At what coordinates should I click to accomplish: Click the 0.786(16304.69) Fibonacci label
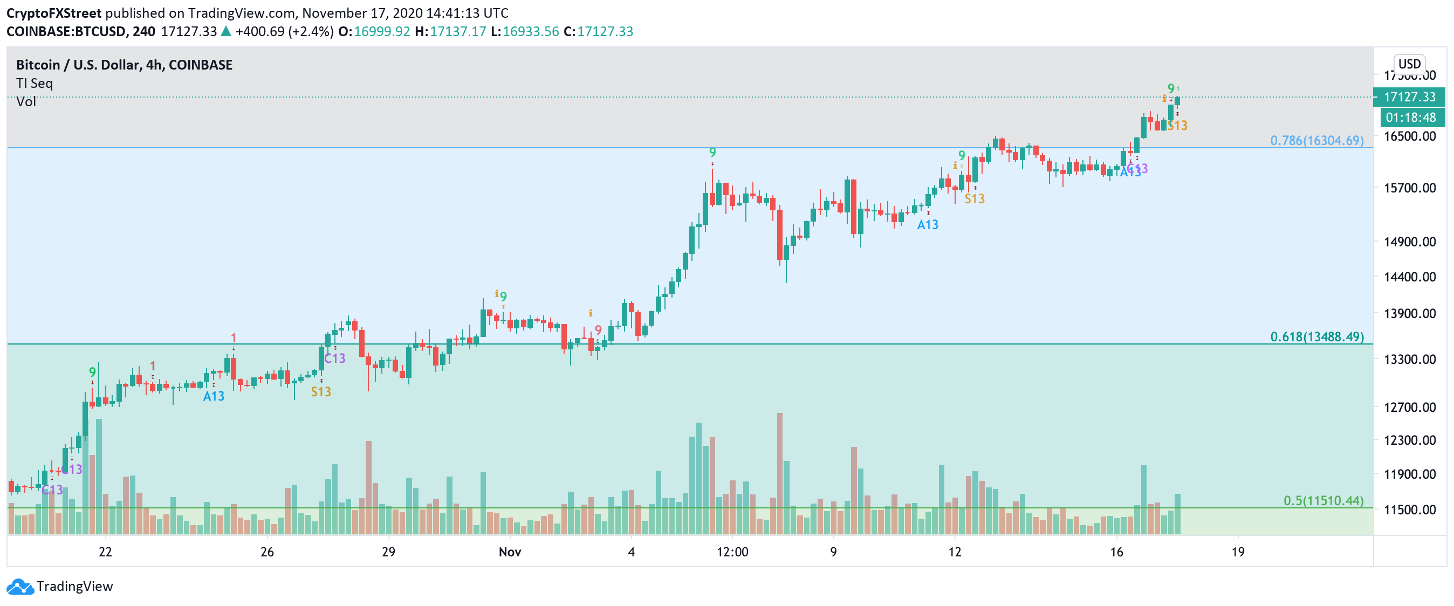click(1316, 141)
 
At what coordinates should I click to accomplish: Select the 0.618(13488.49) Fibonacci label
click(1316, 337)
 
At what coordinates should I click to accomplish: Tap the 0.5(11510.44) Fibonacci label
click(1323, 500)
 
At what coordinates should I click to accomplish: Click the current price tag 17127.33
click(1409, 97)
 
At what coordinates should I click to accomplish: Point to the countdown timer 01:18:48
click(1410, 118)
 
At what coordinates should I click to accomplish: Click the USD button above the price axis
click(1409, 64)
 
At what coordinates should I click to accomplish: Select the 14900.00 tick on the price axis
click(1409, 242)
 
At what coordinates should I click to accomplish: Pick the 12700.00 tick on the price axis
click(1409, 408)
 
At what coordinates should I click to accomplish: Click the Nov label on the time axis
click(509, 552)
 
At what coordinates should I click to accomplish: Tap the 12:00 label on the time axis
click(732, 552)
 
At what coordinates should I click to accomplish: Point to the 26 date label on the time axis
click(267, 552)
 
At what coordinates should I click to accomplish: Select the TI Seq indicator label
click(35, 84)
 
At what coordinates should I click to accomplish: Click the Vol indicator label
click(26, 101)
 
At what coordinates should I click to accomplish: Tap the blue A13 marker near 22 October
click(214, 396)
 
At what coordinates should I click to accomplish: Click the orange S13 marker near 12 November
click(973, 198)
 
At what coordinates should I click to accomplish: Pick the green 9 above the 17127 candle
click(1171, 88)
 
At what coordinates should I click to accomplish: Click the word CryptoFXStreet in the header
click(53, 13)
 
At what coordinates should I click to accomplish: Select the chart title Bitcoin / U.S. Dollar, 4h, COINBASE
click(124, 65)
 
